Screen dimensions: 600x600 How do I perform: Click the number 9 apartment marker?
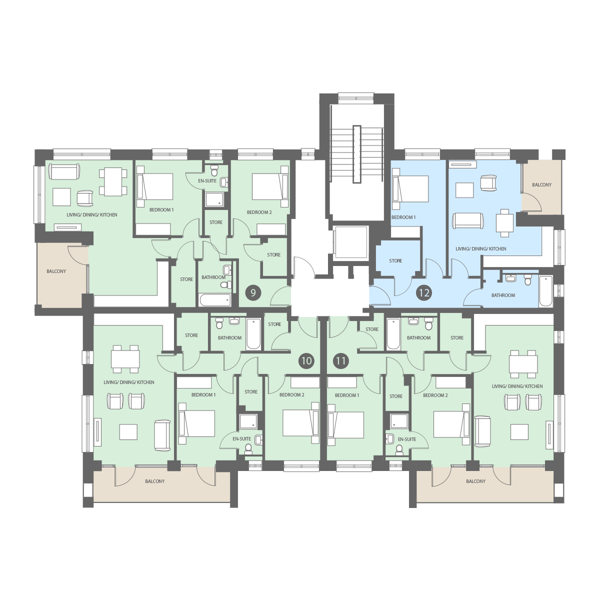253,293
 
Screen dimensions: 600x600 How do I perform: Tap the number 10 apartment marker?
306,361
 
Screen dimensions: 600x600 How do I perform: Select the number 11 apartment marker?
341,361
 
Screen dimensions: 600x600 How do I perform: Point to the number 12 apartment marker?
424,293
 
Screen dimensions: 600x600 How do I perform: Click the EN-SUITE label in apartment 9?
207,180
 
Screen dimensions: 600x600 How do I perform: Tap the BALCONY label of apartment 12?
542,184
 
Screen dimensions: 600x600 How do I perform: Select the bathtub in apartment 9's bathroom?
215,300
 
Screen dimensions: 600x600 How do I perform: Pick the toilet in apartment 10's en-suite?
248,448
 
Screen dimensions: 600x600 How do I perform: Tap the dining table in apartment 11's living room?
523,361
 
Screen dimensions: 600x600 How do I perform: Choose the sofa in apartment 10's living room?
162,435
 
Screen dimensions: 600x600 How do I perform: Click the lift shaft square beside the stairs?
350,242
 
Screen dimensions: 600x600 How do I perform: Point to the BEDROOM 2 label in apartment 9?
259,212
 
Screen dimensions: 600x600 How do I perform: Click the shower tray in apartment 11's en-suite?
399,421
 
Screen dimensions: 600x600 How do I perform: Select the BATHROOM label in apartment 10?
229,338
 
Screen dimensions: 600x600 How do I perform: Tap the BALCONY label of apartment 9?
56,271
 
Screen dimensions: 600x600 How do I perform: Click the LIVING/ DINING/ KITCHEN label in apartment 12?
480,249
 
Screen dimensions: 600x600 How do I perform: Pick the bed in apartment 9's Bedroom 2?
270,186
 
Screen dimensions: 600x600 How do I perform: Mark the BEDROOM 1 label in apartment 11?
347,395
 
